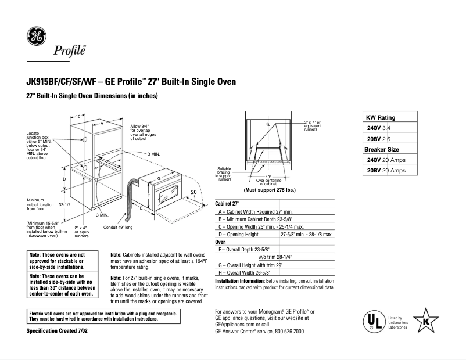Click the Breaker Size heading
click(382, 149)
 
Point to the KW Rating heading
click(380, 117)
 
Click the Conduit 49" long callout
click(117, 228)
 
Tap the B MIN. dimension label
click(153, 153)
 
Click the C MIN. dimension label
click(103, 215)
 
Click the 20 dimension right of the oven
click(193, 192)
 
